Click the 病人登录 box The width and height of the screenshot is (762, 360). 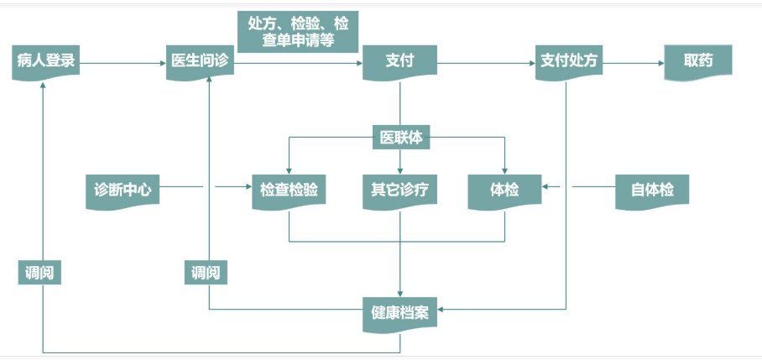(46, 61)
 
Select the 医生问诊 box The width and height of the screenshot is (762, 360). (200, 61)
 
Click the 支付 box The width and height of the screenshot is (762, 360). (399, 61)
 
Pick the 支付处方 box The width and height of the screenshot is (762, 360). (567, 61)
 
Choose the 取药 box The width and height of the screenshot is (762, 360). (697, 61)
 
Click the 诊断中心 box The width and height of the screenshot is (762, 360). (123, 190)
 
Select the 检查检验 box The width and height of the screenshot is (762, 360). (289, 190)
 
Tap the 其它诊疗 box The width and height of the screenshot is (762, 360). (399, 190)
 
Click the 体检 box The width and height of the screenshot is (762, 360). (504, 190)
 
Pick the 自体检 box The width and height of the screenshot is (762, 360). (652, 190)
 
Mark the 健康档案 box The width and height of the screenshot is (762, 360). (399, 312)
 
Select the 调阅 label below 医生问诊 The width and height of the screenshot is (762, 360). (206, 272)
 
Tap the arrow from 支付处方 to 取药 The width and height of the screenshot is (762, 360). (634, 62)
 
